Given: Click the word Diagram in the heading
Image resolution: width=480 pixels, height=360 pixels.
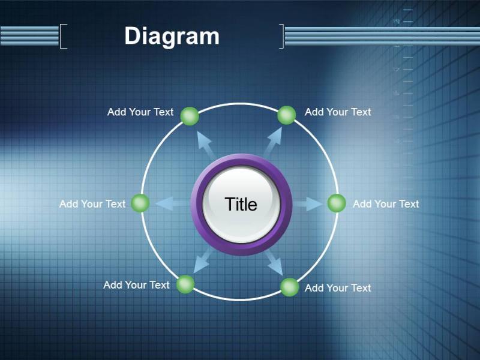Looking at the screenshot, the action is (172, 37).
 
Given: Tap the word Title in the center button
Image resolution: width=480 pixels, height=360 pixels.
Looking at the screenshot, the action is (241, 204).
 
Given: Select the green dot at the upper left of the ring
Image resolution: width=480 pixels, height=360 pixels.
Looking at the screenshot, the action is (190, 116).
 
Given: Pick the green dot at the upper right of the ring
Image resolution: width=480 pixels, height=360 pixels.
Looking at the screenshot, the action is (287, 115).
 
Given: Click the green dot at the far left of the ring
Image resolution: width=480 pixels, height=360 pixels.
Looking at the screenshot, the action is (140, 203).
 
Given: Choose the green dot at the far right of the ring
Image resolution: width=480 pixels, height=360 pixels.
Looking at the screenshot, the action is (337, 203).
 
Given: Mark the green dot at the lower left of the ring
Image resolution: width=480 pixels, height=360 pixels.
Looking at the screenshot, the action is (185, 284).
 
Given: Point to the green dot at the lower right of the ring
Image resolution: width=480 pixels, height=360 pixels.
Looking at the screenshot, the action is (290, 287).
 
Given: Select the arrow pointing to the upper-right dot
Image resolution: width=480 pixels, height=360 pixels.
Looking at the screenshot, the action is (272, 143).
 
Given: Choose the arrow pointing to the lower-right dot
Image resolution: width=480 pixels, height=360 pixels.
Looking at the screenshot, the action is (274, 263).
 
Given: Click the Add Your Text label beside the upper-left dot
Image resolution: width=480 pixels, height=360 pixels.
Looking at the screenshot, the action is (140, 112).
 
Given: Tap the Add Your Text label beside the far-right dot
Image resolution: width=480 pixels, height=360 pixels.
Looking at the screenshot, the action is (386, 204).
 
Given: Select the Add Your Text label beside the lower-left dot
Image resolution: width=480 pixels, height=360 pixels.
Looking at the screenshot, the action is (137, 285).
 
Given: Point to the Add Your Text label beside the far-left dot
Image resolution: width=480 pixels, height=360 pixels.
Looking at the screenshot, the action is (92, 204).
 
